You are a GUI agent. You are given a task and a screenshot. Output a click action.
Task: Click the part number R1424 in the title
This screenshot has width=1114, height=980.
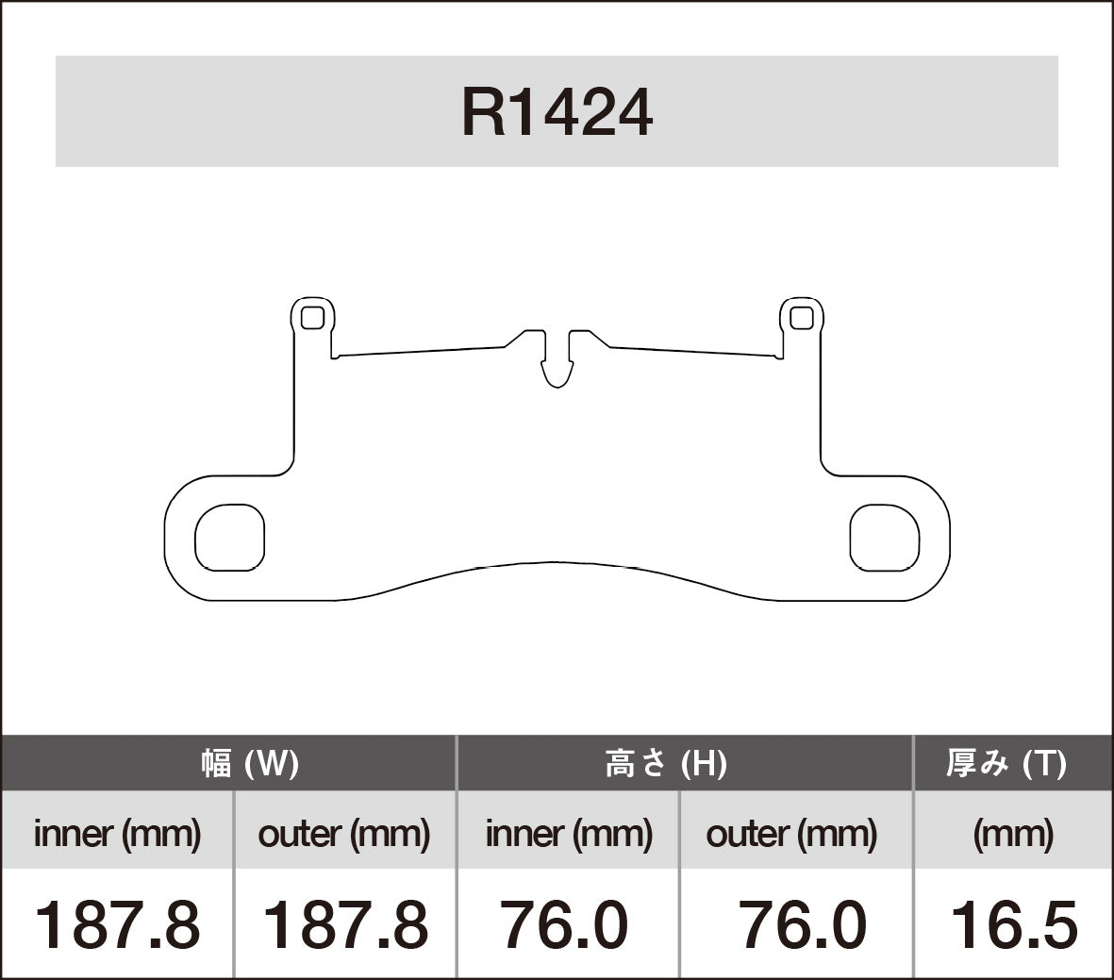click(557, 113)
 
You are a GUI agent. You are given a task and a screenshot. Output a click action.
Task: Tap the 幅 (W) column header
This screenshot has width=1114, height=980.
click(250, 762)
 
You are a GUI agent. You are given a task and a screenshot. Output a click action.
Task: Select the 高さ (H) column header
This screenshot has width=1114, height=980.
click(665, 762)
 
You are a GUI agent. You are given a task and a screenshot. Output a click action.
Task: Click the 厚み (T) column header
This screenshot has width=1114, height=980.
click(1006, 762)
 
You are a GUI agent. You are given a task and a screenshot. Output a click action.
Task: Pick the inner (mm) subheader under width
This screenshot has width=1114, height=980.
click(117, 833)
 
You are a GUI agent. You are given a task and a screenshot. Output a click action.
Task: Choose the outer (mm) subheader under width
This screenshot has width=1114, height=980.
click(343, 833)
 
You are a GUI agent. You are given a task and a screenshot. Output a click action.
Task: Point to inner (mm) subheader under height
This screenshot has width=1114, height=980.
click(569, 833)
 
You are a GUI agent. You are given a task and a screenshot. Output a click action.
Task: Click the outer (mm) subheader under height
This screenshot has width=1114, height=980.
click(791, 833)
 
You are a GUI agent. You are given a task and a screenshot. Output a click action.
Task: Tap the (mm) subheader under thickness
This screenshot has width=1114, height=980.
click(1012, 833)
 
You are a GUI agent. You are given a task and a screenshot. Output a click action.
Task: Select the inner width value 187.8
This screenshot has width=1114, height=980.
click(117, 924)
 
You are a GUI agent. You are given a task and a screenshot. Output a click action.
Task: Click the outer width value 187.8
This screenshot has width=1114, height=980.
click(343, 924)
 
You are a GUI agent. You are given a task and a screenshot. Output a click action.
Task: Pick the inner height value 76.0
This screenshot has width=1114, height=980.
click(563, 924)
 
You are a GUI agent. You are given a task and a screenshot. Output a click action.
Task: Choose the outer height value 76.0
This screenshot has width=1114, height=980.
click(802, 924)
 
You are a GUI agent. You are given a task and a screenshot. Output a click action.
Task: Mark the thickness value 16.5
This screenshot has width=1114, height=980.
click(1013, 924)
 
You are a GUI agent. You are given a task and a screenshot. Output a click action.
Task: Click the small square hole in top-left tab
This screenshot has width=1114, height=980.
click(312, 318)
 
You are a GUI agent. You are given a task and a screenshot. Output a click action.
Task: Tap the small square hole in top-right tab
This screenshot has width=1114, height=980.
click(801, 318)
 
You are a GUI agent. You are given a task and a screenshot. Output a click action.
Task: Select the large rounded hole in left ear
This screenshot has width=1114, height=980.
click(229, 537)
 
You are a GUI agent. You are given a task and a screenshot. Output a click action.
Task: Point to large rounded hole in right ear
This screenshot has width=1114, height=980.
click(884, 537)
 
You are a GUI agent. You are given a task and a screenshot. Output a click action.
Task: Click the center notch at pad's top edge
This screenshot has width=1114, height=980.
click(557, 363)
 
